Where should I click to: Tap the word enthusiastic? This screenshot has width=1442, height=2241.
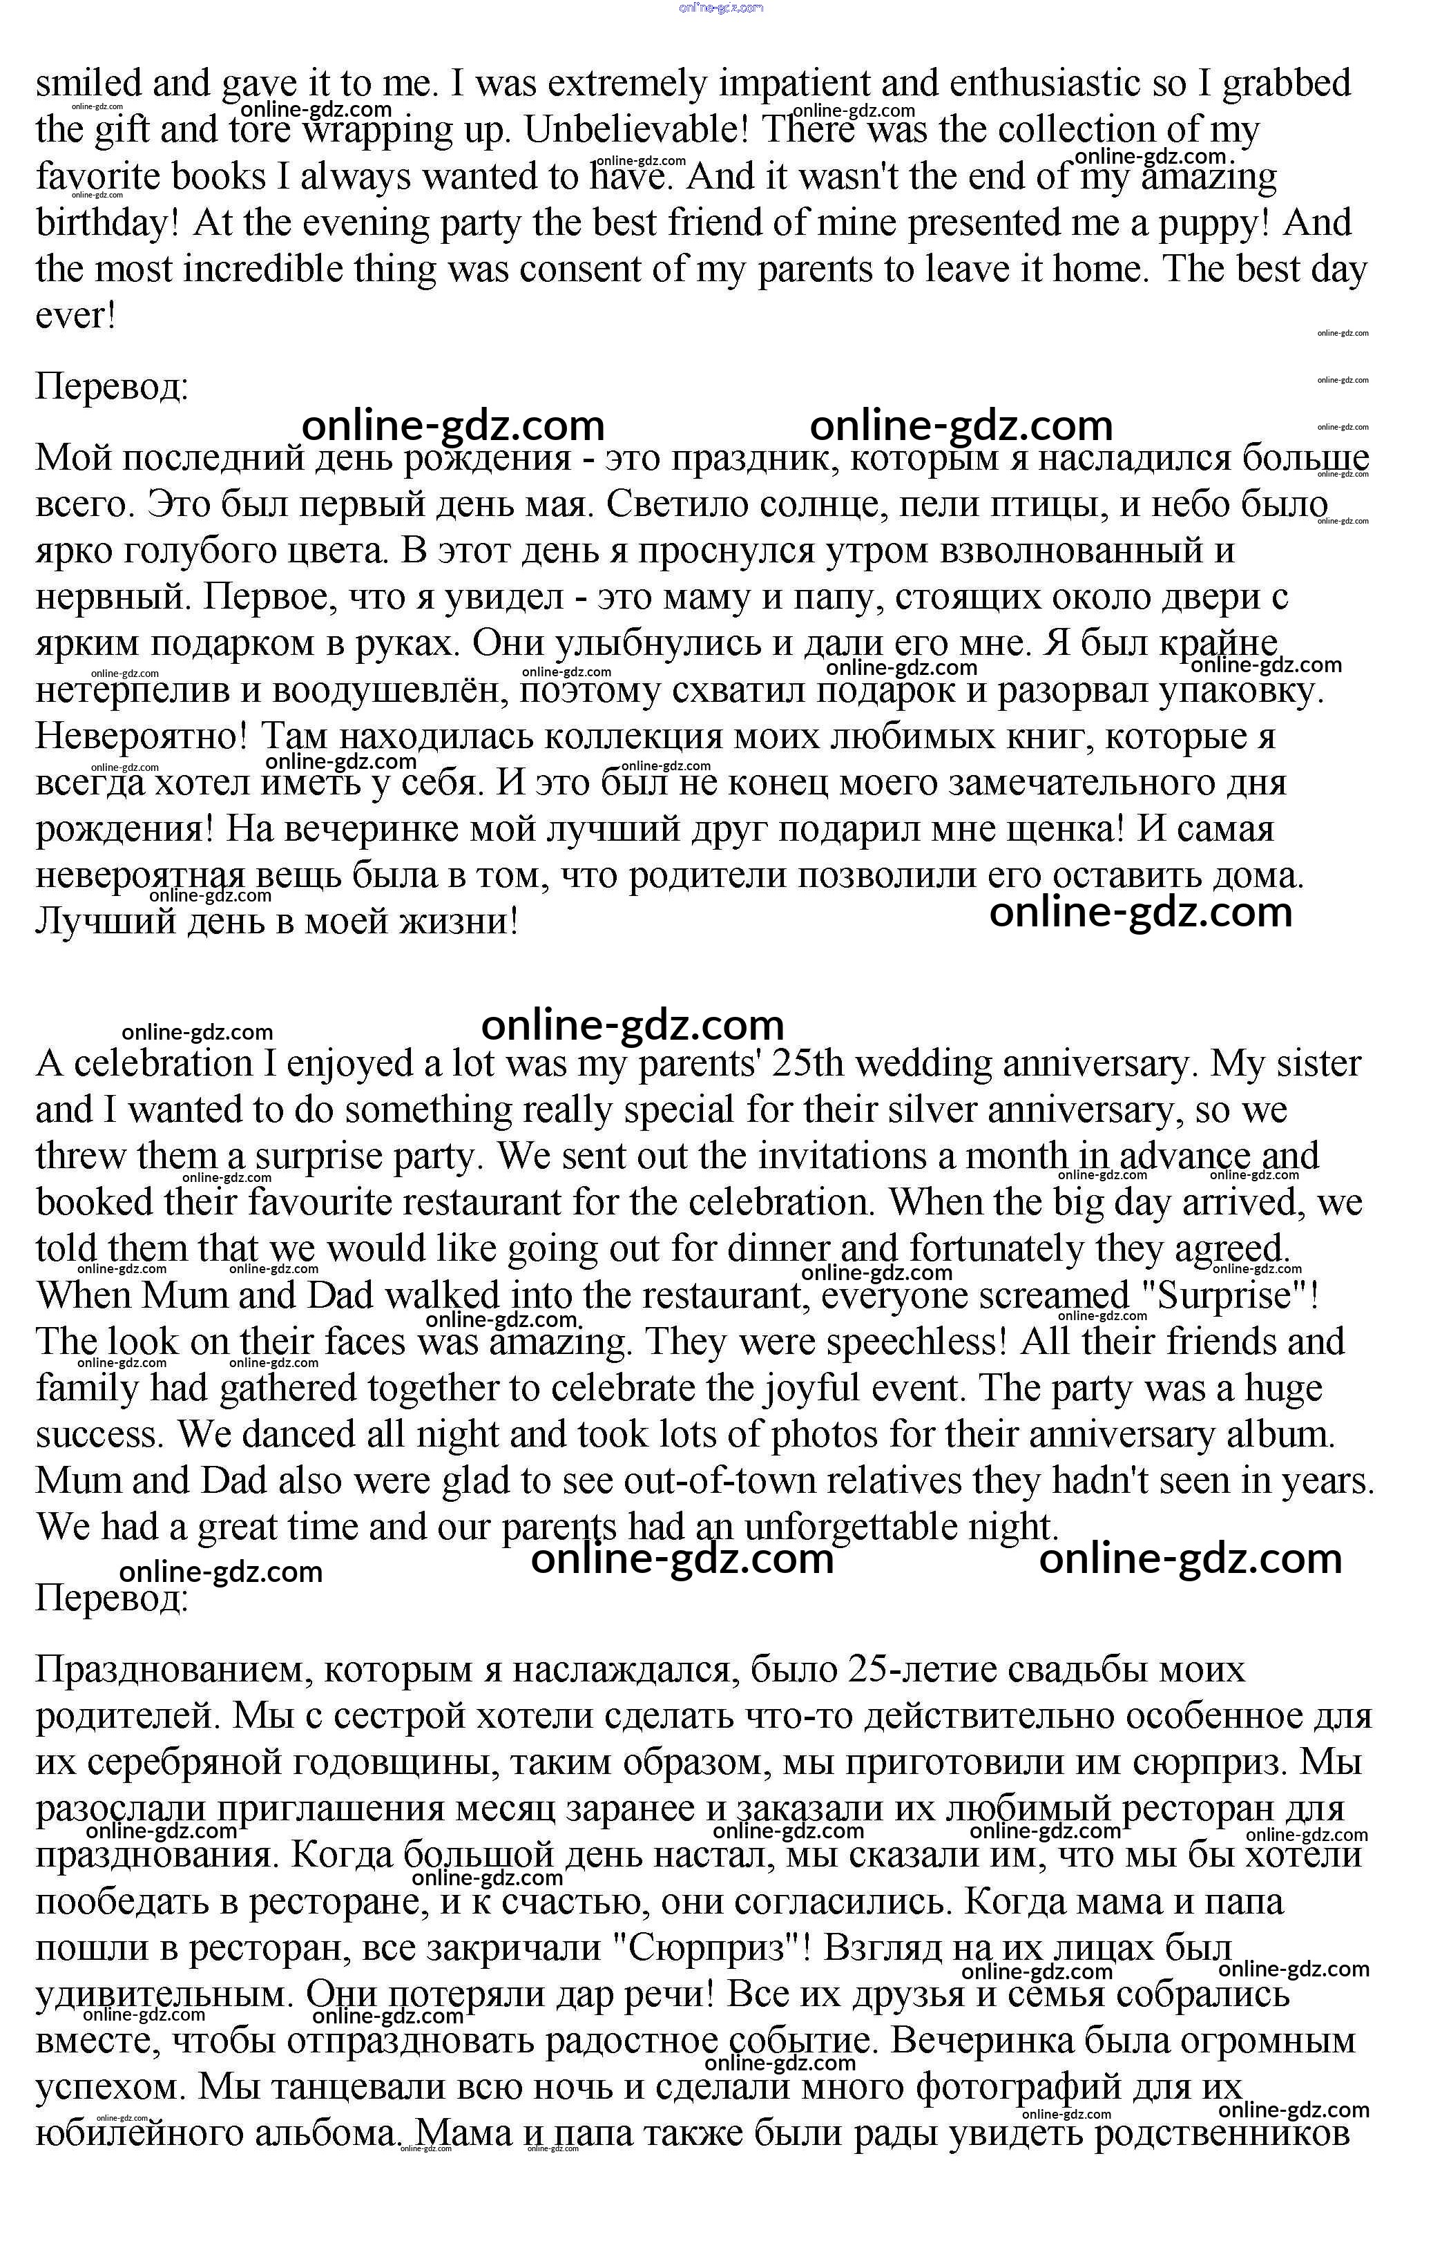pos(1045,84)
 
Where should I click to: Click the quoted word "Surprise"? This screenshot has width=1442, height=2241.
pos(1226,1296)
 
